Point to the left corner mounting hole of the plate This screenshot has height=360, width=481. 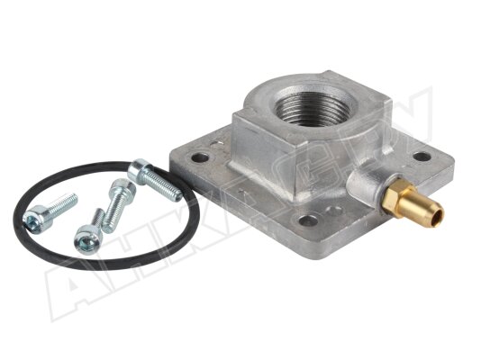201,157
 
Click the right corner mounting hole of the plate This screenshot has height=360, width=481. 421,157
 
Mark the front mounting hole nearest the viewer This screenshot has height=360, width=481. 308,219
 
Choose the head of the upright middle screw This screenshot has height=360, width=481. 122,188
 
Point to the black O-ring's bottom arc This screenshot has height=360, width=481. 99,265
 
